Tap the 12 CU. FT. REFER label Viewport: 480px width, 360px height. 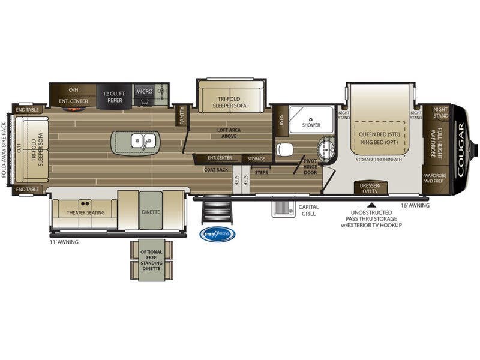coord(113,97)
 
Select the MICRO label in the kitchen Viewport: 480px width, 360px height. coord(143,91)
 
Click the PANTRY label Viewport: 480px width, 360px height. coord(182,115)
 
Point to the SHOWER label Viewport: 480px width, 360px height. coord(311,125)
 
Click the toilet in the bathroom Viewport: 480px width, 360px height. coord(284,148)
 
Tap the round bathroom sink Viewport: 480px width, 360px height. coord(327,148)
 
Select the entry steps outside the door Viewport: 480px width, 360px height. coord(217,211)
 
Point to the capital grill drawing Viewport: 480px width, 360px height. coord(280,208)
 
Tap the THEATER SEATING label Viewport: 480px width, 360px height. coord(86,212)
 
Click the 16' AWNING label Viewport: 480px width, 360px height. coord(415,205)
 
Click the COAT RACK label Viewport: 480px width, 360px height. coord(216,169)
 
